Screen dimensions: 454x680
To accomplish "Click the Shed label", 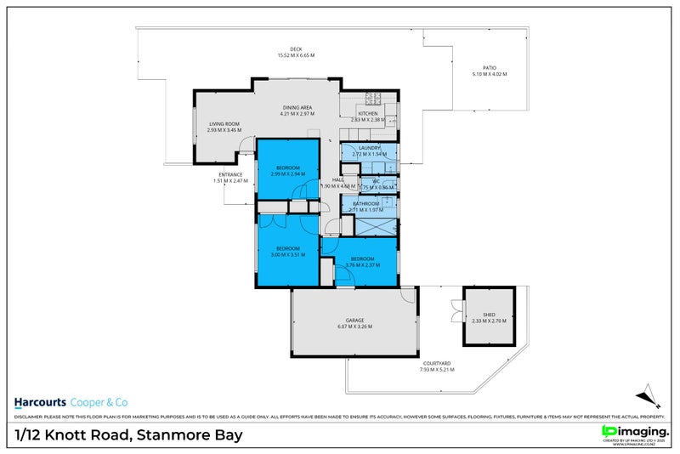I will [x=488, y=318].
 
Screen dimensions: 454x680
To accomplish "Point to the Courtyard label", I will [x=436, y=366].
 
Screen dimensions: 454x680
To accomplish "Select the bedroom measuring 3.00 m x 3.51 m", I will [x=287, y=251].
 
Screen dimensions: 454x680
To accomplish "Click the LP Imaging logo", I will [x=633, y=433].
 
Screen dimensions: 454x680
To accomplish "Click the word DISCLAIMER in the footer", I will [x=28, y=417].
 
